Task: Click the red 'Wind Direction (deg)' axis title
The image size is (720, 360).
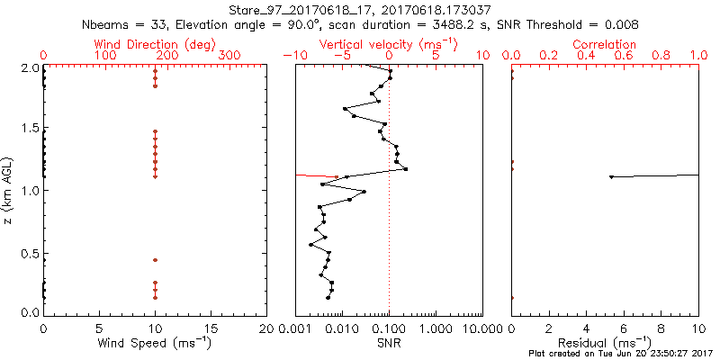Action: pyautogui.click(x=156, y=44)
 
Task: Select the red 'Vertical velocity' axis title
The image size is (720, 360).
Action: pyautogui.click(x=388, y=44)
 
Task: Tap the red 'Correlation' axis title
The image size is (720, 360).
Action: pyautogui.click(x=605, y=44)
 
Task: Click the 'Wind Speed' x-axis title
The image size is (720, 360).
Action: pyautogui.click(x=155, y=344)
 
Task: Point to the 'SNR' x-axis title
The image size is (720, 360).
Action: pyautogui.click(x=389, y=344)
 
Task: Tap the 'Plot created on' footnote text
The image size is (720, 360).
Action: pyautogui.click(x=622, y=354)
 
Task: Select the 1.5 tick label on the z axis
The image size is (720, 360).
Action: pyautogui.click(x=30, y=129)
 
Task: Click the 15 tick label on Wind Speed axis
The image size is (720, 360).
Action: pyautogui.click(x=211, y=328)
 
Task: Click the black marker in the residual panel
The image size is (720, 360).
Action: pyautogui.click(x=612, y=176)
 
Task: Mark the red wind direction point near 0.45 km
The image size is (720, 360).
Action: pyautogui.click(x=155, y=260)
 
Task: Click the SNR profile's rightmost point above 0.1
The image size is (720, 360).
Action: pyautogui.click(x=406, y=169)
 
